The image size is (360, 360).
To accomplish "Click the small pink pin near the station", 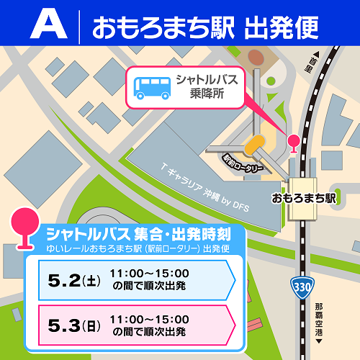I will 294,143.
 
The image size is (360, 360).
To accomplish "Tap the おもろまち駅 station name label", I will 304,197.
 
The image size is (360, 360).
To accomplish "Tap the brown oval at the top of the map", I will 256,55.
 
